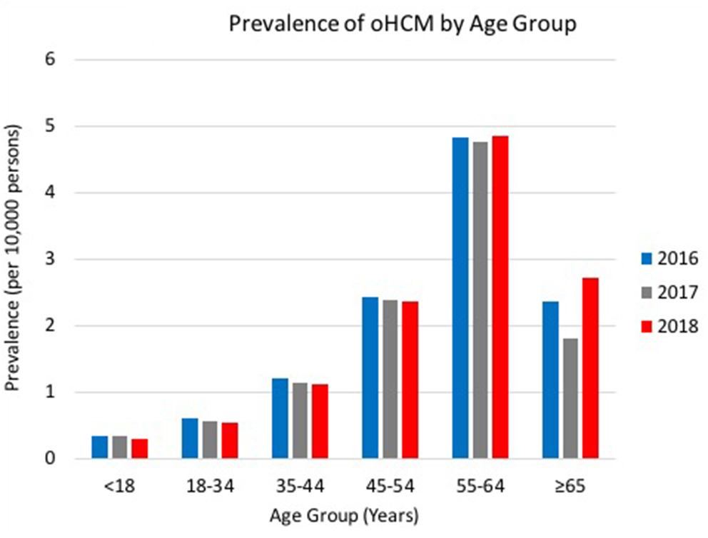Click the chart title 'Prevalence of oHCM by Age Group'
(x=402, y=25)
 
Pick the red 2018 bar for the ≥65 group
(x=590, y=368)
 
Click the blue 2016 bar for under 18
(x=99, y=447)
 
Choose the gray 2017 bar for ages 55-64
(x=480, y=300)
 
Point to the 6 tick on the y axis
(x=70, y=60)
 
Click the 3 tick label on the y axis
(x=70, y=260)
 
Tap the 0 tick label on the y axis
(x=70, y=459)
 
